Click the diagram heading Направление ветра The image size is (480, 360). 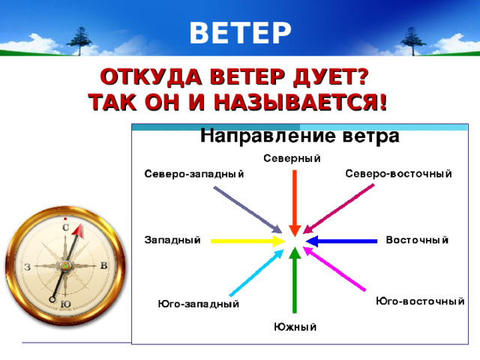pyautogui.click(x=298, y=136)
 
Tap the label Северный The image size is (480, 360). pyautogui.click(x=292, y=157)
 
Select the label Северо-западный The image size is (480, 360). pyautogui.click(x=194, y=174)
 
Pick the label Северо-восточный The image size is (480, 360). pyautogui.click(x=397, y=173)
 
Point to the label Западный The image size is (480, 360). pyautogui.click(x=172, y=240)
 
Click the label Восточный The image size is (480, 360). pyautogui.click(x=417, y=240)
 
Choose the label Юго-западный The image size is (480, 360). pyautogui.click(x=199, y=304)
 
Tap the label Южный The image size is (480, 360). pyautogui.click(x=295, y=326)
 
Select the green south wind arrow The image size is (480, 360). pyautogui.click(x=295, y=281)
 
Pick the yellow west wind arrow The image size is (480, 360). pyautogui.click(x=244, y=241)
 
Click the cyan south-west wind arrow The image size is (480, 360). pyautogui.click(x=255, y=274)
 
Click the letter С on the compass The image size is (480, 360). pyautogui.click(x=66, y=226)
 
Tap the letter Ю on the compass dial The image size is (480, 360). pyautogui.click(x=65, y=304)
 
